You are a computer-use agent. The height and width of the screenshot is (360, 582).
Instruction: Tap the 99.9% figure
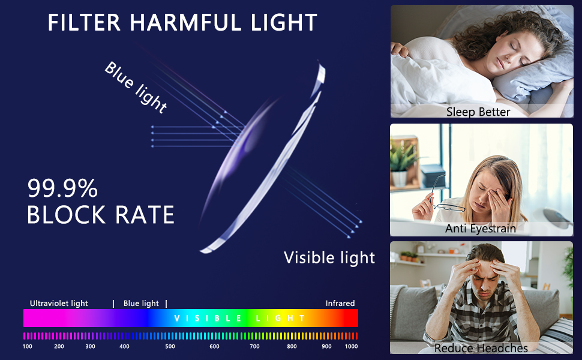[62, 189]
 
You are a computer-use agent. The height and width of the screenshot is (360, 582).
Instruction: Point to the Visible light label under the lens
[329, 257]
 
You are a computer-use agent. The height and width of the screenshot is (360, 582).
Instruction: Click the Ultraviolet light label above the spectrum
[59, 304]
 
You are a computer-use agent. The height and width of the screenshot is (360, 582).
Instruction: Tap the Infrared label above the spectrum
[340, 304]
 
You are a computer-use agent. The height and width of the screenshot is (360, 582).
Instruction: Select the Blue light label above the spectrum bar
[141, 304]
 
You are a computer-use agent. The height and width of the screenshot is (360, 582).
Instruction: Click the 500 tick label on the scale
[170, 346]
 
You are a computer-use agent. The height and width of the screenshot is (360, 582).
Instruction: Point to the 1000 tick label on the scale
[352, 346]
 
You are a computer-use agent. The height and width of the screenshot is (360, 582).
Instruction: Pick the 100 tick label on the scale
[28, 346]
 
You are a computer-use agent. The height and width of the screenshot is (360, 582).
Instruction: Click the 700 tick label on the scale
[254, 346]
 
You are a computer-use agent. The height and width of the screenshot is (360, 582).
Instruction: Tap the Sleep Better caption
[478, 112]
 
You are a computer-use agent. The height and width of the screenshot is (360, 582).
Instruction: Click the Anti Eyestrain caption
[481, 229]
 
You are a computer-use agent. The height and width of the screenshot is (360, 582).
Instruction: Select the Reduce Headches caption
[481, 348]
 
